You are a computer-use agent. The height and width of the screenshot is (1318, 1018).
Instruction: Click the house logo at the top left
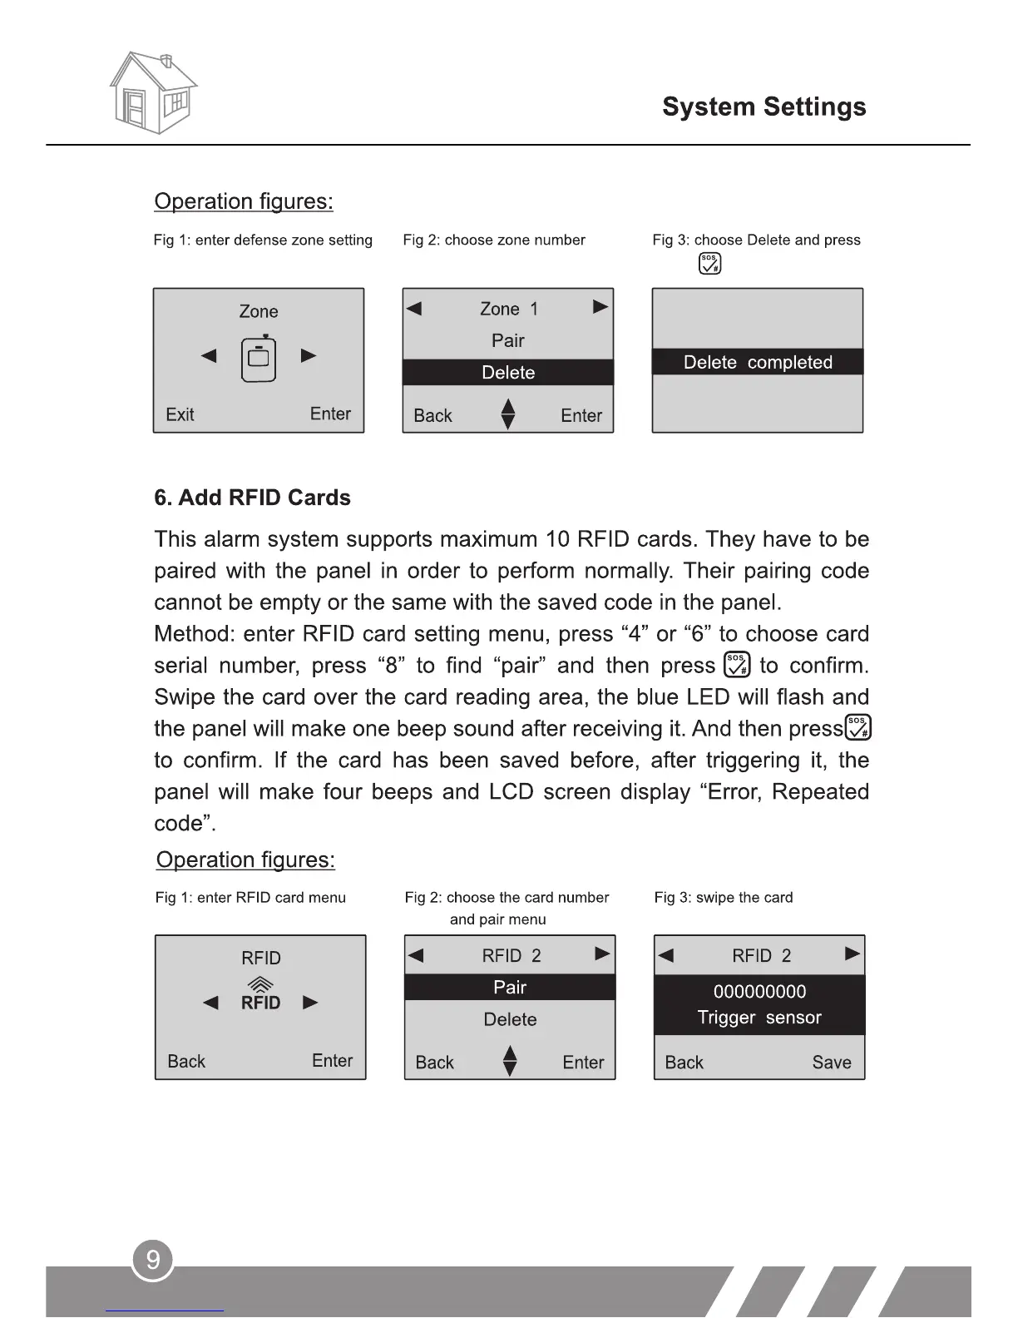pos(153,92)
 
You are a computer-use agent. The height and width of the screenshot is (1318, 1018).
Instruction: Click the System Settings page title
pos(763,107)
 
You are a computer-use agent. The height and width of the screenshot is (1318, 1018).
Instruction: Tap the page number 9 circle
pos(152,1260)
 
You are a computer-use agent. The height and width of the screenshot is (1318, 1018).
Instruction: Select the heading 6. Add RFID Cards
pos(252,498)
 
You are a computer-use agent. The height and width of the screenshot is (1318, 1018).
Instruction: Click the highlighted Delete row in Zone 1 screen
pos(508,372)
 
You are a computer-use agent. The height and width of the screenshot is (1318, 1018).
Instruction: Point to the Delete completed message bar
pos(758,362)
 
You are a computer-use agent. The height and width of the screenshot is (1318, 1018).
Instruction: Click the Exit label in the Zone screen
pos(180,414)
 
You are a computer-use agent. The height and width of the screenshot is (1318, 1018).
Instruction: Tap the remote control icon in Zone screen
pos(259,358)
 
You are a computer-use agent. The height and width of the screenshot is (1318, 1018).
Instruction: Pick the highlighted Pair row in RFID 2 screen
pos(510,987)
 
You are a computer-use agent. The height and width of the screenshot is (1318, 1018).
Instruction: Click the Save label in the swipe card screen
pos(832,1063)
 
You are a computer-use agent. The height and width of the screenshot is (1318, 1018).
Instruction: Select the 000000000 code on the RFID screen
pos(759,991)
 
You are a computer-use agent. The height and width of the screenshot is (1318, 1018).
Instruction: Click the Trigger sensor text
pos(759,1018)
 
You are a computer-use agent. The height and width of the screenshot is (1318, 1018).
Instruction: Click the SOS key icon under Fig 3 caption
pos(709,264)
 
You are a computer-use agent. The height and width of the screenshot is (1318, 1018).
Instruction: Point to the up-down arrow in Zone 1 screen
pos(508,414)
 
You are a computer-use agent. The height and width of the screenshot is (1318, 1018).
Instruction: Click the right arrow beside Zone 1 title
pos(600,307)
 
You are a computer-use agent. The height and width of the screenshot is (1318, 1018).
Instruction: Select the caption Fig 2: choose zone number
pos(494,240)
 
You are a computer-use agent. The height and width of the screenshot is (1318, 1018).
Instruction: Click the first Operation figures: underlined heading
pos(244,201)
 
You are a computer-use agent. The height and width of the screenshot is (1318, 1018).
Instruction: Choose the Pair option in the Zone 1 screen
pos(508,340)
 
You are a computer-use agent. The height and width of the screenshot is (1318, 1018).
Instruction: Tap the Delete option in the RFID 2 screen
pos(510,1019)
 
